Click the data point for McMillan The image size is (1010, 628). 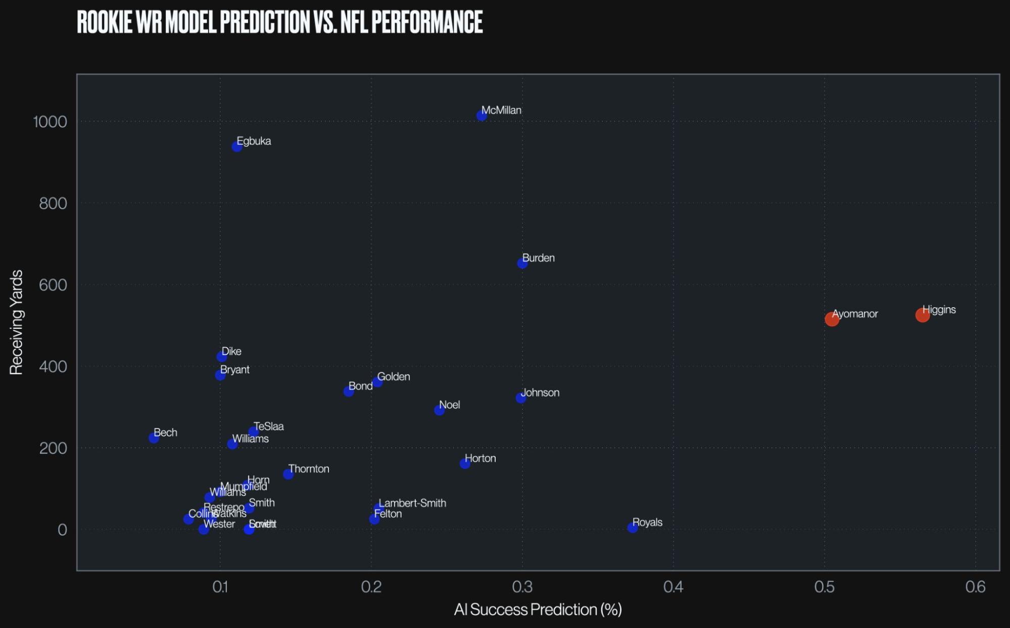[x=482, y=116]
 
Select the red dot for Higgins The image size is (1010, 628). [x=922, y=315]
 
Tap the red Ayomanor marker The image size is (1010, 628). [x=832, y=319]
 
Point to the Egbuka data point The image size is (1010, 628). [x=237, y=147]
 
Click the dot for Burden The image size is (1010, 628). [x=522, y=263]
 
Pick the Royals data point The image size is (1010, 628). [x=633, y=528]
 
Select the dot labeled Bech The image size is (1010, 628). [x=154, y=438]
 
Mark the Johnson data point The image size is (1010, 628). [x=521, y=398]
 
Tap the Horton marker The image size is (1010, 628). [x=465, y=464]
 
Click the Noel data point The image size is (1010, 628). [x=440, y=410]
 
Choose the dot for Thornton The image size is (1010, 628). [x=288, y=474]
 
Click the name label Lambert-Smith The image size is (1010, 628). [x=412, y=503]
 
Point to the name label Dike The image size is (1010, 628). [x=231, y=351]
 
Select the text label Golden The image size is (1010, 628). [x=394, y=376]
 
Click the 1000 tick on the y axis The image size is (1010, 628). [x=50, y=122]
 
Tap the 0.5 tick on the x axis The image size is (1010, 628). [x=824, y=587]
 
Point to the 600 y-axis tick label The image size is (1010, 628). [x=53, y=285]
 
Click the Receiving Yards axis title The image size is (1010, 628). [x=16, y=322]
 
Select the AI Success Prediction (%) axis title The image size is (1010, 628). [x=538, y=610]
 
